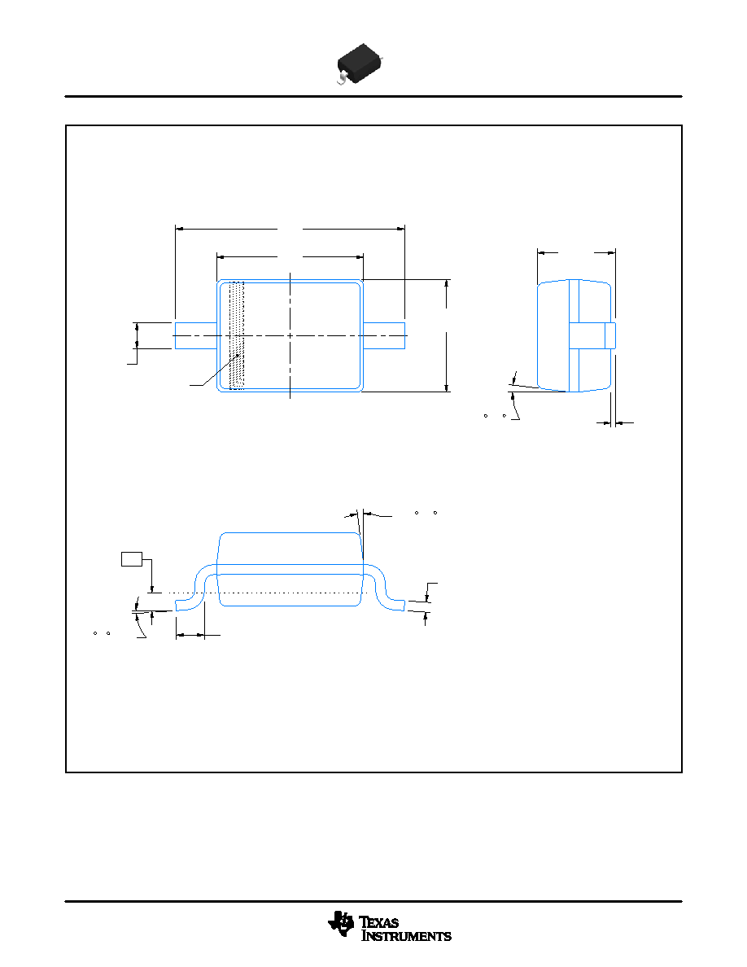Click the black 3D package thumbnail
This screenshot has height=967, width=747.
tap(360, 63)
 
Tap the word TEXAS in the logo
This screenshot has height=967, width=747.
tap(379, 922)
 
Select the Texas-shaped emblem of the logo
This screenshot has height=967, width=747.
tap(342, 925)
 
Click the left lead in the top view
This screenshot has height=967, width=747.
tap(196, 335)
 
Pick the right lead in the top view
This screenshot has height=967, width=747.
tap(384, 335)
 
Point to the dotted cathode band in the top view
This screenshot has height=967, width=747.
tap(237, 335)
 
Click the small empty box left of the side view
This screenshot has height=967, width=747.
tap(132, 558)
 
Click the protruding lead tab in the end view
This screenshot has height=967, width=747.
tap(592, 335)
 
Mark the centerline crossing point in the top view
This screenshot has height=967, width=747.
tap(290, 335)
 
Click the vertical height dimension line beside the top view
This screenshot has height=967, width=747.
tap(446, 335)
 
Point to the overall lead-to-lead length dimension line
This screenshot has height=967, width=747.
tap(290, 229)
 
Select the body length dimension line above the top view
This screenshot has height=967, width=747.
tap(290, 256)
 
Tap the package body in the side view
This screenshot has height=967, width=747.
tap(290, 569)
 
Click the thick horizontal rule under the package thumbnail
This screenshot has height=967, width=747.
tap(373, 96)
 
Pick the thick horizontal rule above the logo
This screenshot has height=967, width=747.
tap(373, 902)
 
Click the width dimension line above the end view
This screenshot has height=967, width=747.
tap(576, 252)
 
